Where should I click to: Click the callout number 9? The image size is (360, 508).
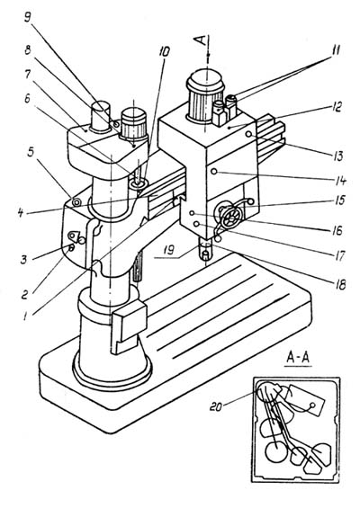pos(28,17)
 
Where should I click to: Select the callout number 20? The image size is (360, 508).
pos(216,406)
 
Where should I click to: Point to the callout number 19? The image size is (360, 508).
pos(169,250)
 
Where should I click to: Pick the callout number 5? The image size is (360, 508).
pos(31,153)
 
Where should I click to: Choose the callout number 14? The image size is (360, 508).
pos(339,181)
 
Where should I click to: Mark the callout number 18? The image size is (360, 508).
pos(339,283)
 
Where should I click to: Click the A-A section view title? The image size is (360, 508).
pos(298,358)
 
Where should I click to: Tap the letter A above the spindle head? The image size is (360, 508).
pos(201,40)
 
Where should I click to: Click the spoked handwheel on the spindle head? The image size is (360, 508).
pos(231,216)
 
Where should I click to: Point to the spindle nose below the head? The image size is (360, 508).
pos(205,252)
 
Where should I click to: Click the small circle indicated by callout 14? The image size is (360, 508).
pos(213,172)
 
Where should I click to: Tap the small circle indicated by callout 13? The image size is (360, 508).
pos(248,134)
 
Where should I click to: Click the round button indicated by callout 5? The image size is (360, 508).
pos(76,202)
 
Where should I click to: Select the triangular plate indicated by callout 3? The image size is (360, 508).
pos(74,236)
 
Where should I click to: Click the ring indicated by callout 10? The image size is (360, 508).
pos(139,184)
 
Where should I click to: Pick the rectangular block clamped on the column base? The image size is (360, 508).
pos(129,325)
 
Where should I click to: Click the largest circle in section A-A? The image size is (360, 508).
pos(276,452)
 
